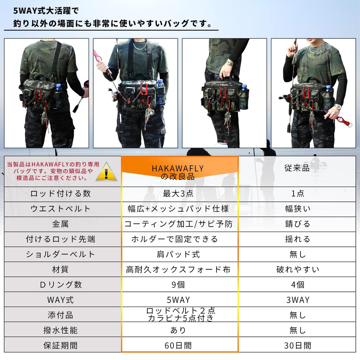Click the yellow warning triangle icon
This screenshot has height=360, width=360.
[107, 172]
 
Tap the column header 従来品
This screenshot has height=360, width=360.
[297, 168]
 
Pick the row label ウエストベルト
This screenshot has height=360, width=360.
[60, 209]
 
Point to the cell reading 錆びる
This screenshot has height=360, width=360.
[297, 224]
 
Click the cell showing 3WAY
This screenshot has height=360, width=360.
[297, 300]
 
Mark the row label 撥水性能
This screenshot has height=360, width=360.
[60, 330]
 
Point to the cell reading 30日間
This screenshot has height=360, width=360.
[297, 345]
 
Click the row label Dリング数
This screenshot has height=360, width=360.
[60, 285]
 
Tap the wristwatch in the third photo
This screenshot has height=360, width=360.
[230, 63]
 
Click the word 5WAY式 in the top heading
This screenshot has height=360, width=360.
[30, 11]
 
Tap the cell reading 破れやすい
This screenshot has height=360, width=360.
[297, 270]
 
